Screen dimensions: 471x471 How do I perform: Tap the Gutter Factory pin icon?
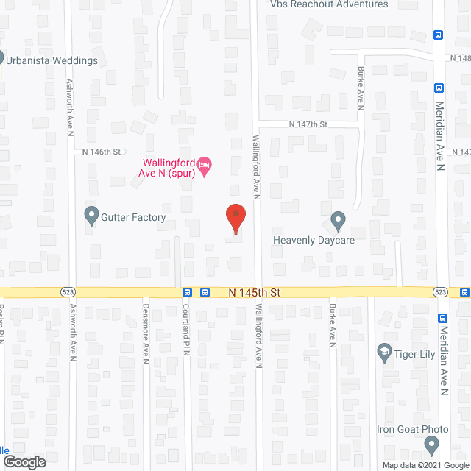coord(91,216)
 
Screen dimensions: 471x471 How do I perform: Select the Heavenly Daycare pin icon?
coord(338,220)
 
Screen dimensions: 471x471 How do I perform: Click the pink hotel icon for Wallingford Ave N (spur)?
coord(205,166)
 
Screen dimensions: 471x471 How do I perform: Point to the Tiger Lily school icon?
coord(383,353)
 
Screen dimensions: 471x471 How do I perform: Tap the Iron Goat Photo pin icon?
coord(432,444)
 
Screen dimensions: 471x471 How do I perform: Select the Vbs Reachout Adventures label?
coord(328,4)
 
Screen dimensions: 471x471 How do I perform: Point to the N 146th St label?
coord(101,152)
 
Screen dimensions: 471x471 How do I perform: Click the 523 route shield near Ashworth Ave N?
coord(68,292)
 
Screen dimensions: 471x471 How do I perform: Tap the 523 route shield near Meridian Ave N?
coord(440,292)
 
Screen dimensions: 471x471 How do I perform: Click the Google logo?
coord(24,462)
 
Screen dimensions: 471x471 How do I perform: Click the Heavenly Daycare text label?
coord(314,240)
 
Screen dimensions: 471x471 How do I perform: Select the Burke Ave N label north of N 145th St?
coord(361,89)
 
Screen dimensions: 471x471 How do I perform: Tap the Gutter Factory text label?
coord(134,218)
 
